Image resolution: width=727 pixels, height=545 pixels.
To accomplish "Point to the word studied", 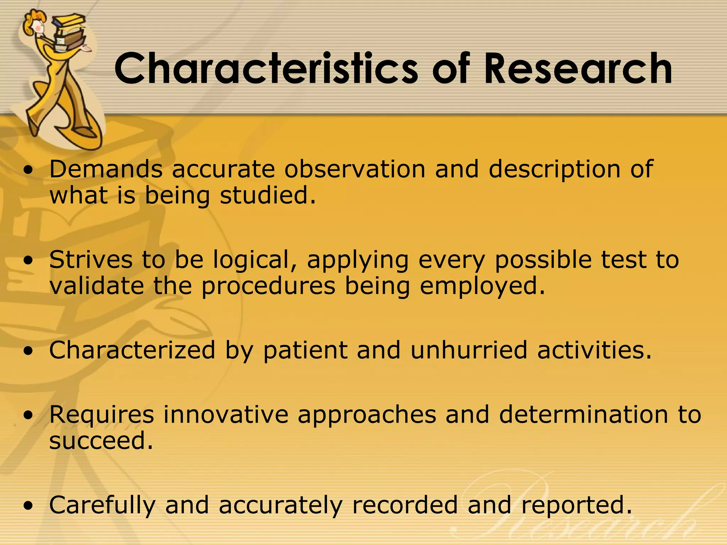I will coord(267,196).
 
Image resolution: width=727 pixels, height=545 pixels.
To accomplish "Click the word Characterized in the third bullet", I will coord(132,350).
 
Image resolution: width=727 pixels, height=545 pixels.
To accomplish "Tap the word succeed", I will coord(101,441).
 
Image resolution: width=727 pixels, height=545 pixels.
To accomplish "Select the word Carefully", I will coord(102,506).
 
